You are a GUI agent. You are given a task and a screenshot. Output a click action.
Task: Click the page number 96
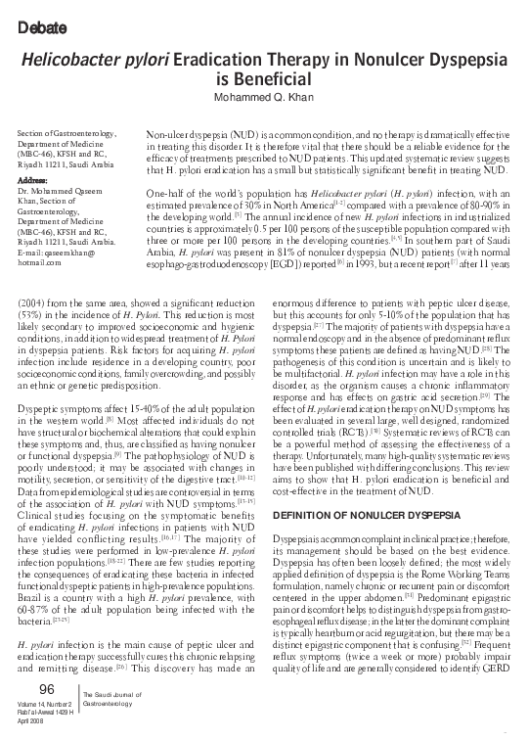[x=46, y=690]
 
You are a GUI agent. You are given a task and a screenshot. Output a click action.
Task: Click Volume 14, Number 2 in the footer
[x=46, y=706]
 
